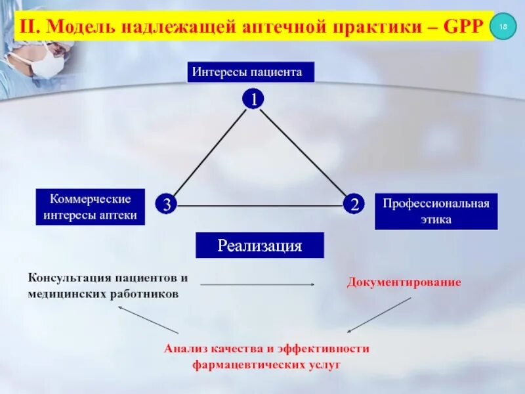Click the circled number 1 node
point(253,98)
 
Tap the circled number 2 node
point(354,204)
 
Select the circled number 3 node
point(166,204)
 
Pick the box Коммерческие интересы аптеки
point(91,207)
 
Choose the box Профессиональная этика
point(436,211)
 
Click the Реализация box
point(260,246)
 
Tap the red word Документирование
point(404,282)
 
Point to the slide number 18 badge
point(503,26)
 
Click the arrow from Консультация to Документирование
point(257,284)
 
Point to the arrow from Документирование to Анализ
point(379,315)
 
